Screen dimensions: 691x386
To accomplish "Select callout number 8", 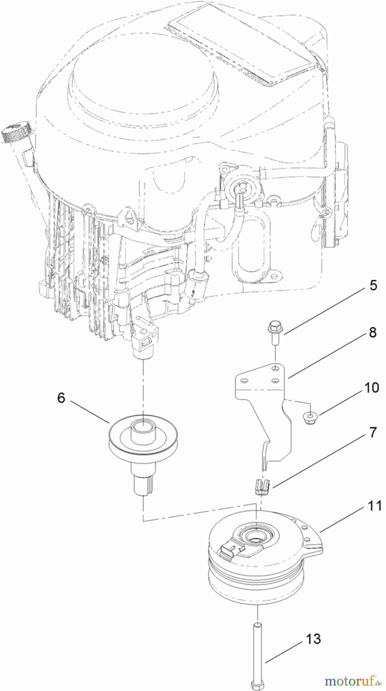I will point(373,332).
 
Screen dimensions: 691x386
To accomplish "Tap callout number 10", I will point(371,387).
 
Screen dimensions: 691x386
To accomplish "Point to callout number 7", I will point(373,433).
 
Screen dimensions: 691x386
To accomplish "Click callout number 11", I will point(374,506).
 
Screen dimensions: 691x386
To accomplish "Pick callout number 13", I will point(313,639).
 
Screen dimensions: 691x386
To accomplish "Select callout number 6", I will point(61,398).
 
